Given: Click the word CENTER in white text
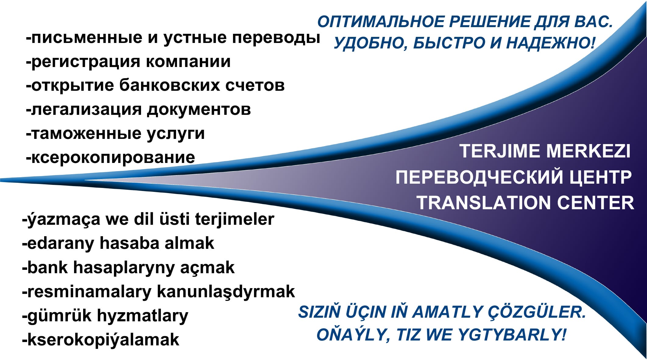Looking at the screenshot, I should pos(596,203).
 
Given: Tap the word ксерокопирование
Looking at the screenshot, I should pos(113,157).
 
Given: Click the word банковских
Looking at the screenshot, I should pos(169,86).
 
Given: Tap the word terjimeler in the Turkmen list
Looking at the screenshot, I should pos(235,219).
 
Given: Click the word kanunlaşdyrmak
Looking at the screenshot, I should pos(226,292).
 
